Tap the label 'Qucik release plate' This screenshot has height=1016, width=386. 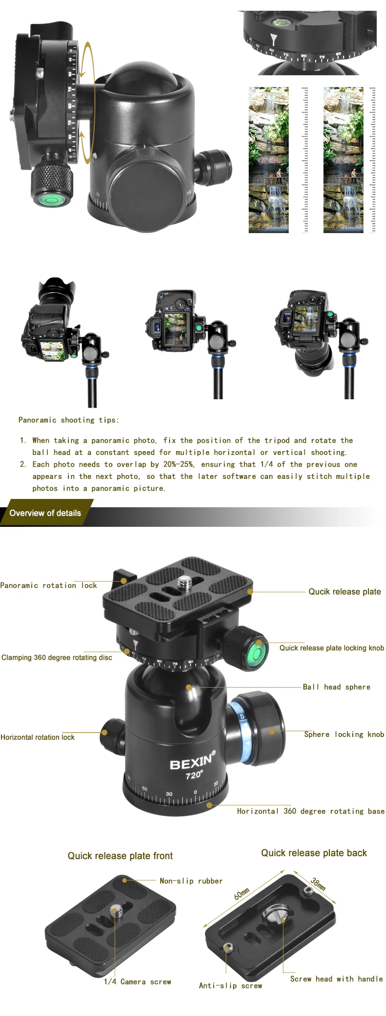coord(344,591)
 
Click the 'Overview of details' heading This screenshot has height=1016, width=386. coord(45,513)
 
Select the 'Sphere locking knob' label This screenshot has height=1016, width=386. coord(344,734)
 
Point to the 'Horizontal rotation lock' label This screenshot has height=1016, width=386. coord(38,737)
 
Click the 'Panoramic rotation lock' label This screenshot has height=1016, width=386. coord(48,585)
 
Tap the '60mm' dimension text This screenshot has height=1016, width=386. coord(242,893)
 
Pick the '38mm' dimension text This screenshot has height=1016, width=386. coord(318,884)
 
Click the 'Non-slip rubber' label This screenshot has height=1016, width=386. coord(191,881)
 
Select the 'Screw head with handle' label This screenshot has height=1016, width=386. coord(337,978)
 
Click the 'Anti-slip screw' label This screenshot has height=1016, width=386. coord(230,985)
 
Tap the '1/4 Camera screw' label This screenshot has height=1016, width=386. coord(137,981)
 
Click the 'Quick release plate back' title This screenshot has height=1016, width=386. coord(314,853)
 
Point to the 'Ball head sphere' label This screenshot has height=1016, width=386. coord(337,687)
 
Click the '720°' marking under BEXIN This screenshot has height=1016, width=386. coord(194,775)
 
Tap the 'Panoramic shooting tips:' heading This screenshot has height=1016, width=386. coord(68,420)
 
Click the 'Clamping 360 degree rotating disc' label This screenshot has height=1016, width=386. coord(57,657)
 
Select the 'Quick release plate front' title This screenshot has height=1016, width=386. coord(120,856)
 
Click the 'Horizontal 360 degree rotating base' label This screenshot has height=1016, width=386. coord(311,811)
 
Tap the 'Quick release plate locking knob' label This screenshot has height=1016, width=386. coord(332,648)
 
